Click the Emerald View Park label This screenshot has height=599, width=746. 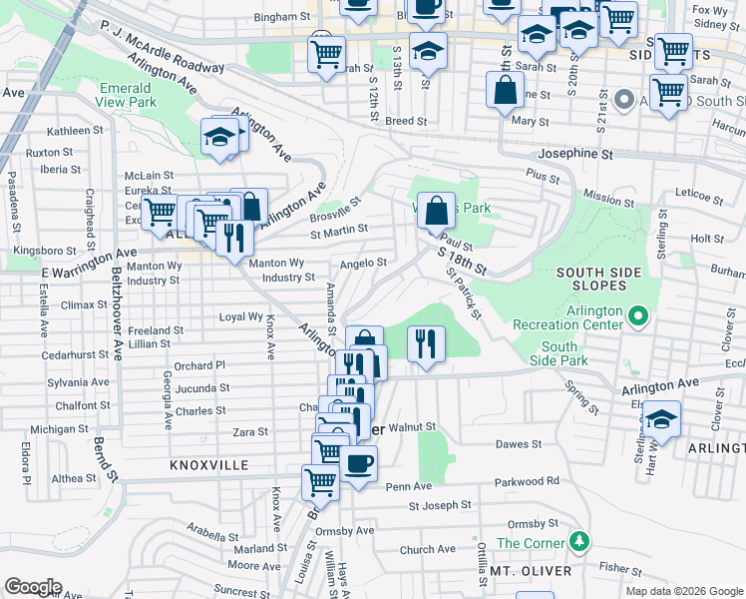point(128,95)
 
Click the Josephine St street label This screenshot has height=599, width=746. point(575,155)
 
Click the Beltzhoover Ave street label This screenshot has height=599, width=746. point(118,319)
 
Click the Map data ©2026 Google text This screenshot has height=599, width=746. point(683,591)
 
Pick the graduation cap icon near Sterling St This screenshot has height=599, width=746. point(660,418)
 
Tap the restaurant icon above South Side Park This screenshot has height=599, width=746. point(426,343)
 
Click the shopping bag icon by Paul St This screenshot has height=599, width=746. point(436,211)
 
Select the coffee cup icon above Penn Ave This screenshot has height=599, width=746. point(358,463)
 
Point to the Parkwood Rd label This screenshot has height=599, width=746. point(525,481)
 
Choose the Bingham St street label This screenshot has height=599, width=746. point(281,17)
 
